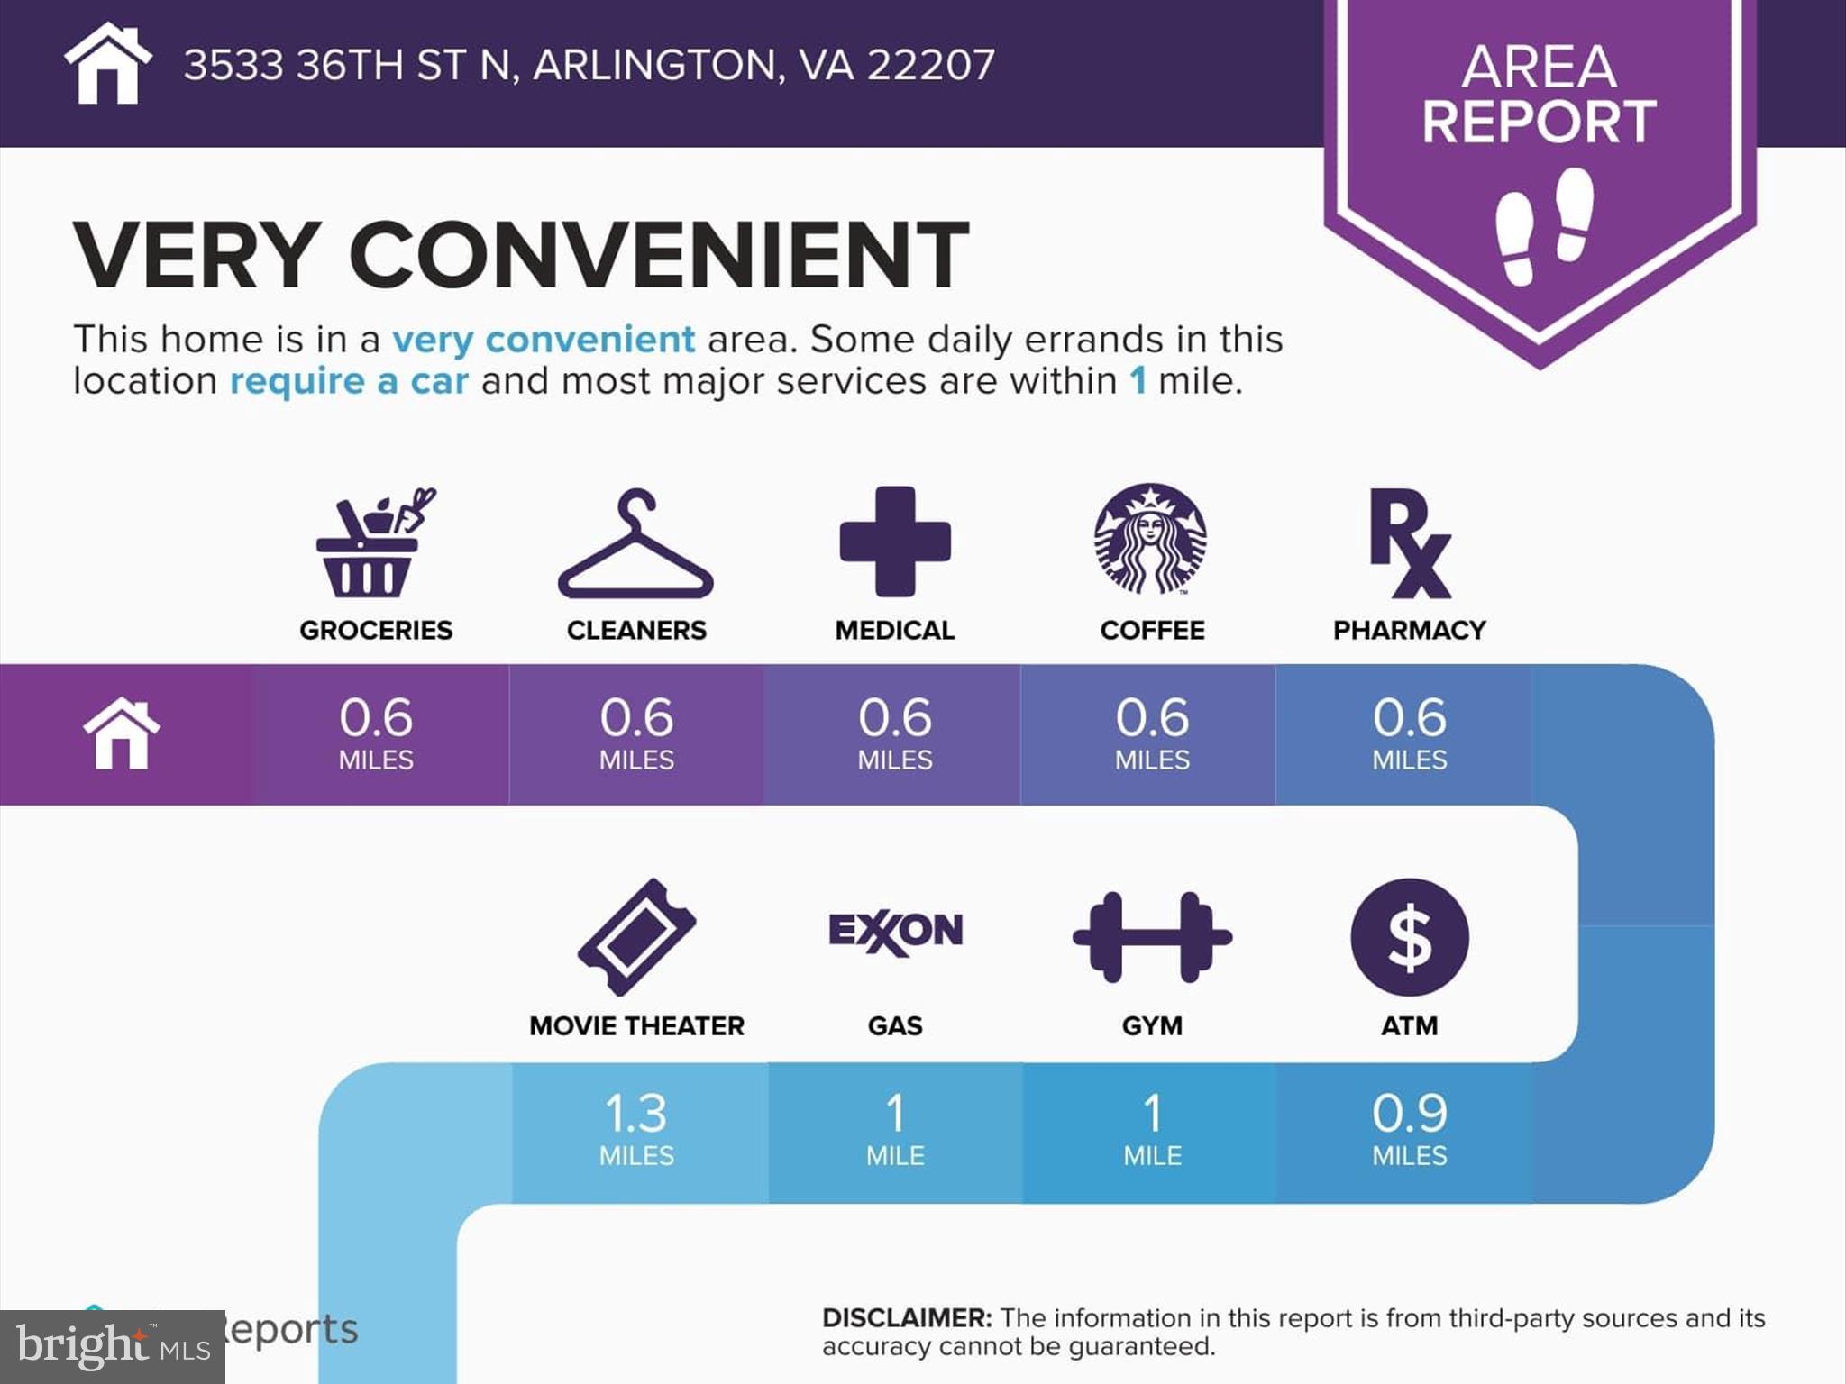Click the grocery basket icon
tap(375, 542)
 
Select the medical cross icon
tap(895, 542)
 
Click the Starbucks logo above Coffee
tap(1151, 539)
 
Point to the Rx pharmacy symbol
tap(1410, 543)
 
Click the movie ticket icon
tap(636, 937)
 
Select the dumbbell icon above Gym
tap(1152, 937)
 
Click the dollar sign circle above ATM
tap(1410, 937)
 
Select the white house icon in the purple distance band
tap(122, 733)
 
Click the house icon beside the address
tap(107, 63)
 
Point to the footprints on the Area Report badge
tap(1544, 226)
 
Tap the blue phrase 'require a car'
tap(349, 381)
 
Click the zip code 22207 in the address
tap(931, 65)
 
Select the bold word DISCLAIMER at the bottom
tap(907, 1317)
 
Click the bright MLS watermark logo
tap(113, 1347)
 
